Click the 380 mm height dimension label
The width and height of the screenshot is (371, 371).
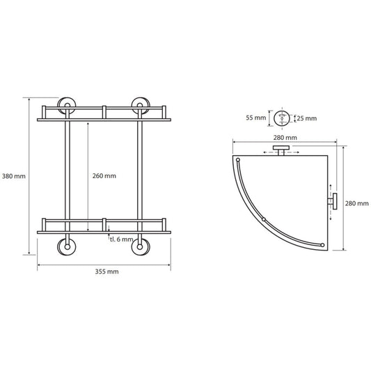coord(14,176)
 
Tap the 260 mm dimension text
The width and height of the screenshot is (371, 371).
coord(104,176)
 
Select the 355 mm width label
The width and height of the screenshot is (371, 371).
coord(106,271)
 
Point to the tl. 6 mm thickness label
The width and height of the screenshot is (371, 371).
coord(121,239)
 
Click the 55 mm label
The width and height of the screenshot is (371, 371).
coord(256,118)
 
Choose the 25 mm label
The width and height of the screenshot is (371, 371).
coord(307,118)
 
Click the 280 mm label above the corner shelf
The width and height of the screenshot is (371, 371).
coord(285,137)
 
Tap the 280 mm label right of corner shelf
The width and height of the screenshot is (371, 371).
coord(356,203)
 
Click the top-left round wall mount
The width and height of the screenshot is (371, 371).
coord(67,105)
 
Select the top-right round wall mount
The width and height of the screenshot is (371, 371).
coord(141,105)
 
